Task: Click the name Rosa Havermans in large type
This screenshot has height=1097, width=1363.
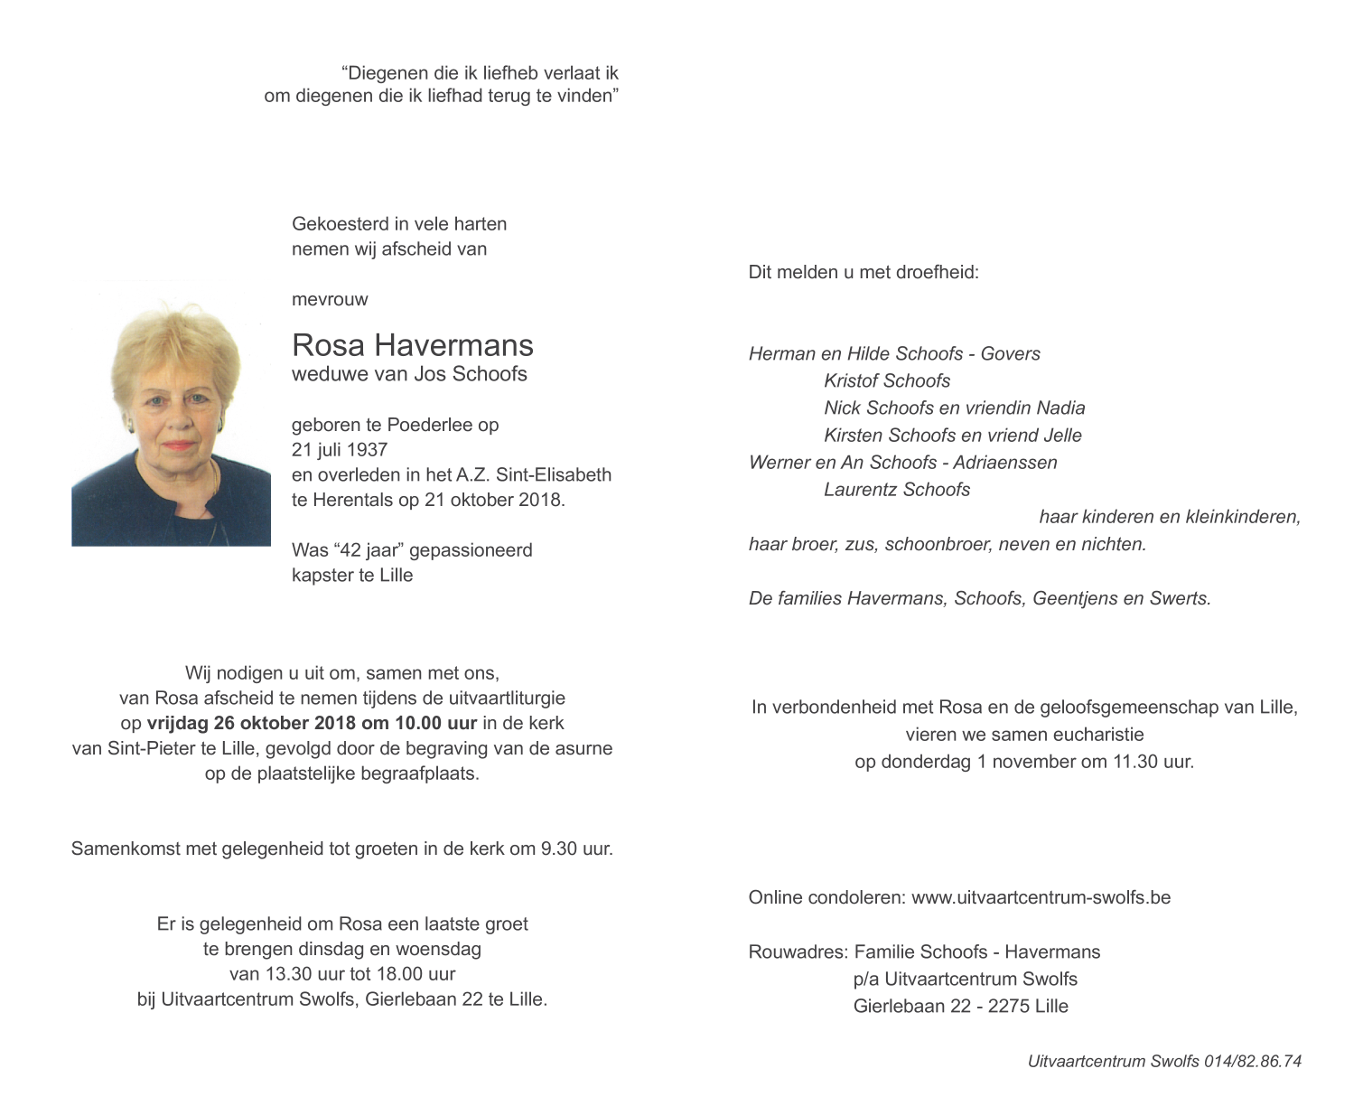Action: (x=412, y=345)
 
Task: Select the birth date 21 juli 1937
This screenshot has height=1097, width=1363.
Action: (x=340, y=450)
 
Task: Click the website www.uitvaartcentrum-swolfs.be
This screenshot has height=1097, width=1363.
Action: (x=1041, y=897)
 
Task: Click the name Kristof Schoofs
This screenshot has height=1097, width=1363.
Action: (x=886, y=381)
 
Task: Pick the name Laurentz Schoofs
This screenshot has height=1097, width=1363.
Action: (x=896, y=490)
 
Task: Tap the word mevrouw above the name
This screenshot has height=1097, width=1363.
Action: (x=330, y=299)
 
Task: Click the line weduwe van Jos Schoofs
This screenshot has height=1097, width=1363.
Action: (x=409, y=374)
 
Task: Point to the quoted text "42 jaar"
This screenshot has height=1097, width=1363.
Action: (x=368, y=550)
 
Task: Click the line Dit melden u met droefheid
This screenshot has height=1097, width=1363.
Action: (x=863, y=272)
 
